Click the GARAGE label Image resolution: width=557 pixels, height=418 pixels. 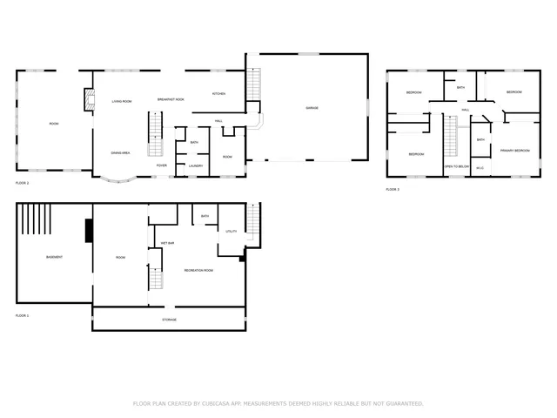(x=311, y=108)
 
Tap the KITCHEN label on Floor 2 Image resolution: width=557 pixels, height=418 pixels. (x=219, y=94)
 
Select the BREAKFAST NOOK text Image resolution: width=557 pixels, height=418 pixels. (x=171, y=100)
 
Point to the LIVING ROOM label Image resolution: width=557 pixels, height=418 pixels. (x=121, y=102)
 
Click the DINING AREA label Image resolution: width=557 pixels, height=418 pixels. (x=120, y=153)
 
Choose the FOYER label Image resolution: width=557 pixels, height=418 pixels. (x=162, y=165)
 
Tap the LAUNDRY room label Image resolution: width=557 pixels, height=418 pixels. (x=196, y=165)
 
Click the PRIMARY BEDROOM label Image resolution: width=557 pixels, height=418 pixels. (x=514, y=151)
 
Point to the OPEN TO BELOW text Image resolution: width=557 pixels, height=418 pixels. (x=457, y=165)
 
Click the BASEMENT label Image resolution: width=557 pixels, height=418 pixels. (x=54, y=257)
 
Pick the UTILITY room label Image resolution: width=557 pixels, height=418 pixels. (x=232, y=232)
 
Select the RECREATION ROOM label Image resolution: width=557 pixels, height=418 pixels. (x=198, y=271)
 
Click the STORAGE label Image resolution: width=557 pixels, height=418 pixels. (x=169, y=320)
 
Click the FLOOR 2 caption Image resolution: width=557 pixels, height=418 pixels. (x=23, y=184)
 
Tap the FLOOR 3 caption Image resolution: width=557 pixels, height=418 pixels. (x=393, y=189)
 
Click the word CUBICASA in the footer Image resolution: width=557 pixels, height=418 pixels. (x=211, y=404)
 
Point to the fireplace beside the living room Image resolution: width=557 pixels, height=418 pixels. (x=88, y=101)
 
